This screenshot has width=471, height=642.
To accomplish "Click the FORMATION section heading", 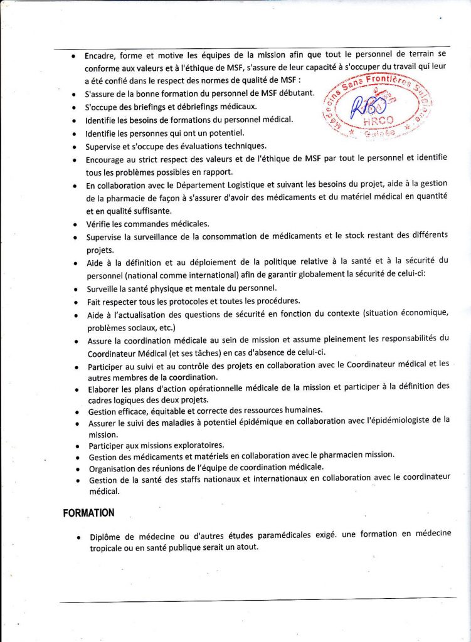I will point(88,513).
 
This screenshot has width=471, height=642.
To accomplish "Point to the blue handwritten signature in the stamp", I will point(367,107).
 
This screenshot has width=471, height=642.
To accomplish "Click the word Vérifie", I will point(102,224).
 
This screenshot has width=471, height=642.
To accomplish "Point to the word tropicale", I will point(109,547).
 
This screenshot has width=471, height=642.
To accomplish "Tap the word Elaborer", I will point(105,387).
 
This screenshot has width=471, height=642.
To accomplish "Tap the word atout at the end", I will point(245,547).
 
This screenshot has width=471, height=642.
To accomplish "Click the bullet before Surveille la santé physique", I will point(75,290).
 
